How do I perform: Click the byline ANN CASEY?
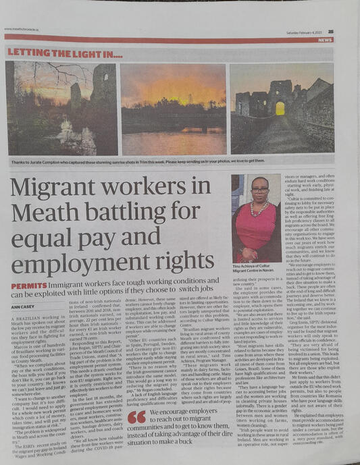point(23,306)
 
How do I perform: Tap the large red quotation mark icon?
point(136,417)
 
